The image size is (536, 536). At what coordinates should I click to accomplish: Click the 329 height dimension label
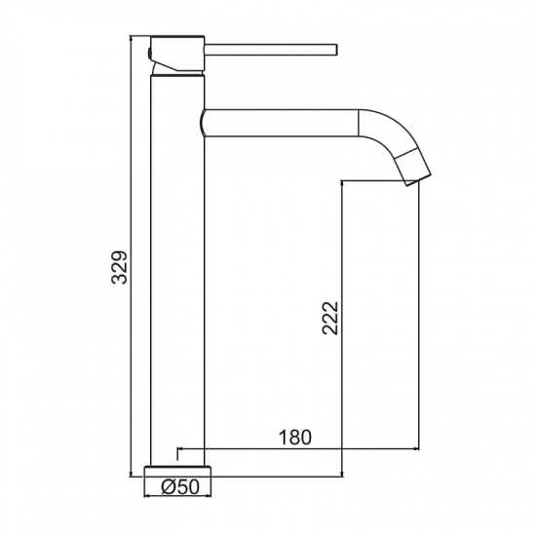tap(119, 268)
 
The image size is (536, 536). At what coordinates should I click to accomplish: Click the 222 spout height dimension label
tap(329, 318)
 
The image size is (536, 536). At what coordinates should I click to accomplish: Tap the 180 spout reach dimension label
tap(295, 437)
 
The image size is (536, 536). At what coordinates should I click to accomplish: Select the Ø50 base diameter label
tap(180, 486)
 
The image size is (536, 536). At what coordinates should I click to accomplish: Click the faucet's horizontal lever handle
tap(271, 50)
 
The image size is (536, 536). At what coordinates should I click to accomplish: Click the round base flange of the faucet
tap(177, 471)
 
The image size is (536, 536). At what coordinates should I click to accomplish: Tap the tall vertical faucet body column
tap(177, 271)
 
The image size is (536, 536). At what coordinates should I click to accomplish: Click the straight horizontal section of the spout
tap(281, 123)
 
